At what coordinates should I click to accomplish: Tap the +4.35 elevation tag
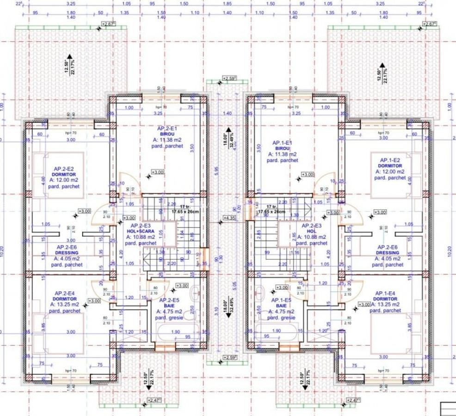(230, 217)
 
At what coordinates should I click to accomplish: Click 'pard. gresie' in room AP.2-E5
(169, 318)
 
